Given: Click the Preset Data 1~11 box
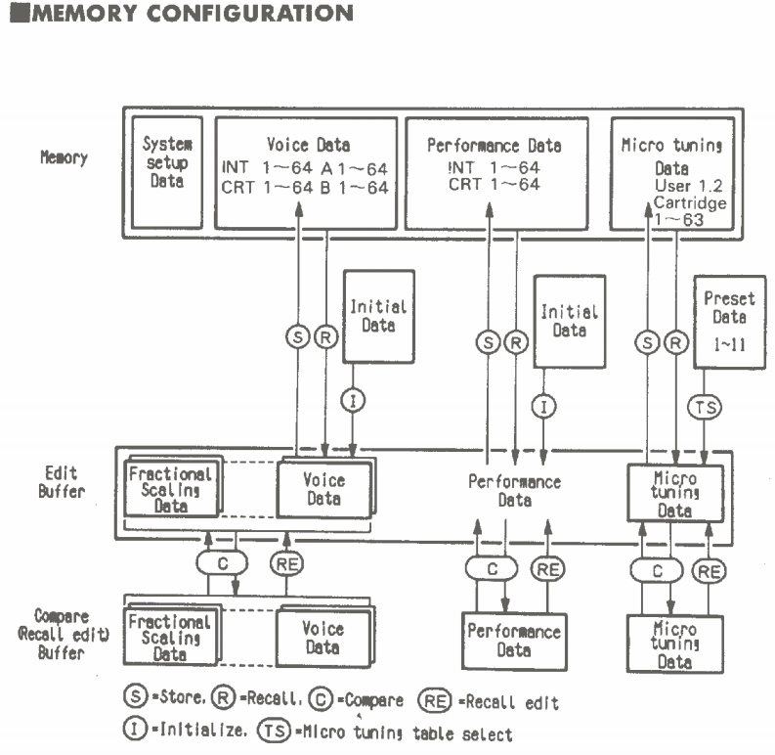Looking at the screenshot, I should [x=728, y=321].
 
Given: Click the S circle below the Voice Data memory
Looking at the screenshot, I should [x=297, y=336].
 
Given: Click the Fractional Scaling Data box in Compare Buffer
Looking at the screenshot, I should [x=169, y=635].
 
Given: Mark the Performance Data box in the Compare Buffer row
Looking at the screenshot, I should [x=514, y=640].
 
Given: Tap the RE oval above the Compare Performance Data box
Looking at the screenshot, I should [x=547, y=568].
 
